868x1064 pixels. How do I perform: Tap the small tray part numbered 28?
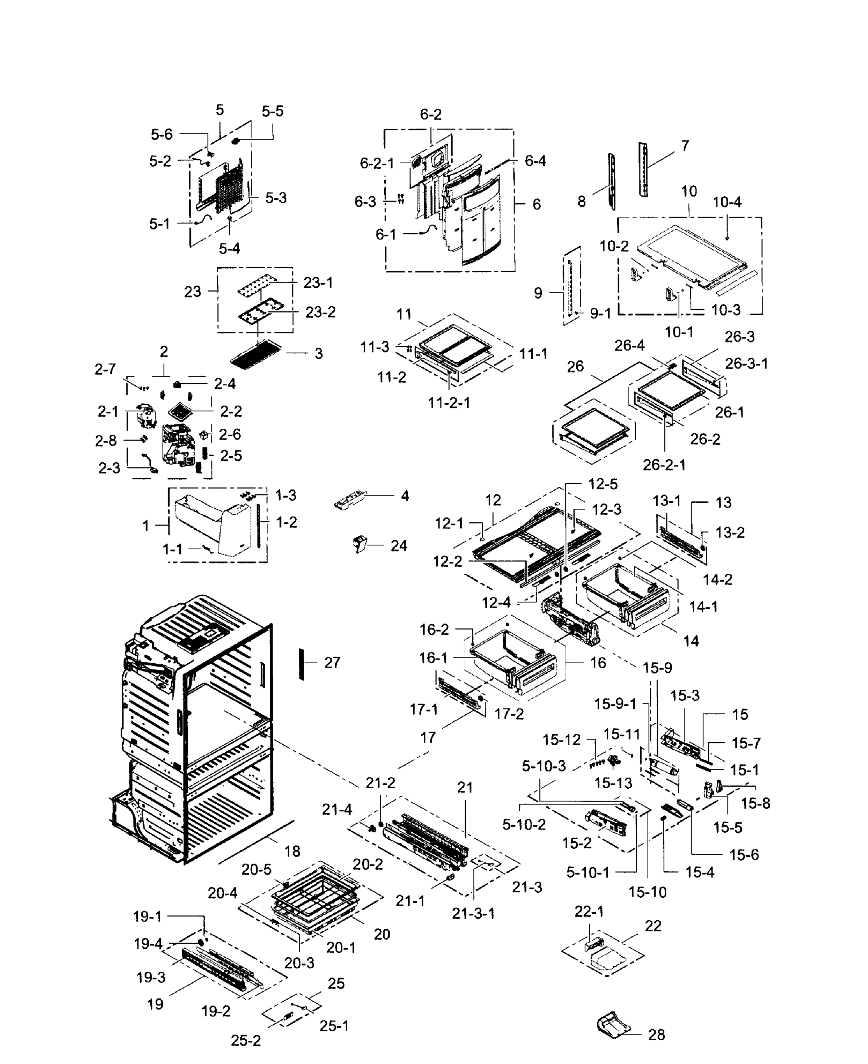[x=613, y=1025]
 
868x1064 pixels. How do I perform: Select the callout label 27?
[x=332, y=662]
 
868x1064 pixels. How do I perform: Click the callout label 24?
[x=399, y=545]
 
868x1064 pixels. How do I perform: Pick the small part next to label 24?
[x=360, y=544]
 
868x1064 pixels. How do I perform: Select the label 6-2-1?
[x=377, y=163]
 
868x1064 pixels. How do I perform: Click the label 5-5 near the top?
[x=273, y=111]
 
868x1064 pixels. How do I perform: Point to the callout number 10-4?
[x=727, y=202]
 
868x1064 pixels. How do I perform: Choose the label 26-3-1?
[x=746, y=364]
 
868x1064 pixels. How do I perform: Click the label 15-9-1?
[x=615, y=704]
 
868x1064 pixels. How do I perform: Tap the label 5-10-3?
[x=543, y=766]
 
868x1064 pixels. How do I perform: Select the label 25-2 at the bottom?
[x=246, y=1041]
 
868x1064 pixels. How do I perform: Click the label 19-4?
[x=148, y=943]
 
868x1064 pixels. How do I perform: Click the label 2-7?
[x=105, y=369]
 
